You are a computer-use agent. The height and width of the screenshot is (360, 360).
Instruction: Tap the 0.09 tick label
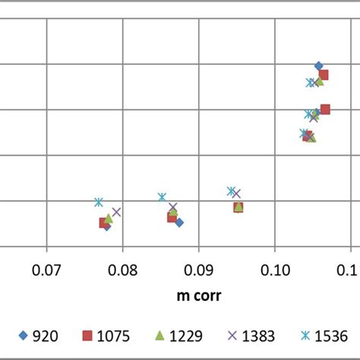click(x=198, y=267)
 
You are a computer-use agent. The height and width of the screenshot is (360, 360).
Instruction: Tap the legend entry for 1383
click(x=254, y=335)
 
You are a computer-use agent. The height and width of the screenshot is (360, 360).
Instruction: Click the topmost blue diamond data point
click(x=318, y=66)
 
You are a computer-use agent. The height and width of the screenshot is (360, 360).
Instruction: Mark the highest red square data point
click(x=324, y=74)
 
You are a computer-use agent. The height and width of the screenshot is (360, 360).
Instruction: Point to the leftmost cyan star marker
click(x=98, y=202)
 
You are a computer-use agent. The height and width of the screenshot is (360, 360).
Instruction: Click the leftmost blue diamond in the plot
click(x=106, y=226)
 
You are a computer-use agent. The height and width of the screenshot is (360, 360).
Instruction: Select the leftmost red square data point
click(x=103, y=223)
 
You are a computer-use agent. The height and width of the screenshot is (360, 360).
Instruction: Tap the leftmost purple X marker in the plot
click(x=116, y=212)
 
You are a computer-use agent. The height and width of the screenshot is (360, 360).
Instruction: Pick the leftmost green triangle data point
click(x=109, y=219)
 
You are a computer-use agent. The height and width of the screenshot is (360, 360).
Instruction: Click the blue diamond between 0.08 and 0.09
click(x=179, y=223)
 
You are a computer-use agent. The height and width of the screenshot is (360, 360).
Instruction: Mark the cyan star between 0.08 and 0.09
click(x=162, y=197)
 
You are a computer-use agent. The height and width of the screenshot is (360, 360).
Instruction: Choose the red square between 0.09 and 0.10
click(x=238, y=207)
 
